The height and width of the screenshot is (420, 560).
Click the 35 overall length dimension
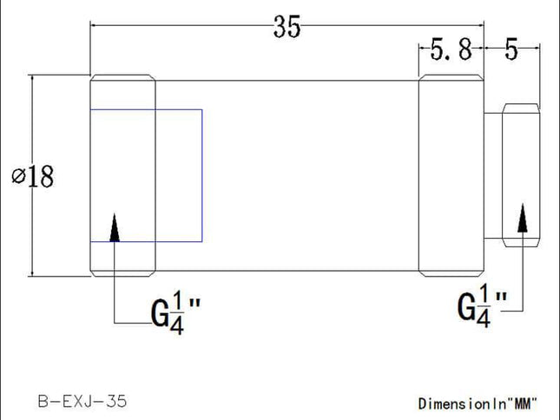coord(287,27)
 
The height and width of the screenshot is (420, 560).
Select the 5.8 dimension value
coord(451,50)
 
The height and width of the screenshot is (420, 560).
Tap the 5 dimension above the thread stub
coord(511,50)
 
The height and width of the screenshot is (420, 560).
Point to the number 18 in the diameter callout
coord(40,176)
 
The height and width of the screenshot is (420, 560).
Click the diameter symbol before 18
coord(18,176)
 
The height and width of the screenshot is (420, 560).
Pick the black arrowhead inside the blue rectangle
coord(114,228)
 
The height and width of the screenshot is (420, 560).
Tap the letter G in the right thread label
coord(466,306)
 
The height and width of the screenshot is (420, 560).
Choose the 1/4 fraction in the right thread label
coord(484,306)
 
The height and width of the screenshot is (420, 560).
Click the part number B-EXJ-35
coord(82,401)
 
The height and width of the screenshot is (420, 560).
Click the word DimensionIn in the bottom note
coord(460,403)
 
